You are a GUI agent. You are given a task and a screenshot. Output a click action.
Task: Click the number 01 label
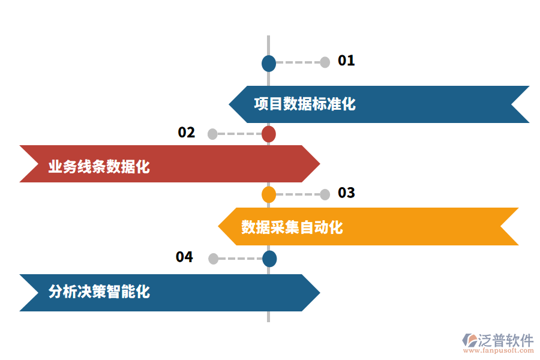pyautogui.click(x=346, y=61)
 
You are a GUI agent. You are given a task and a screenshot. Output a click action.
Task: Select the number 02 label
pyautogui.click(x=187, y=133)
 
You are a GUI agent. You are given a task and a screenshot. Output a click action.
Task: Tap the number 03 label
pyautogui.click(x=346, y=193)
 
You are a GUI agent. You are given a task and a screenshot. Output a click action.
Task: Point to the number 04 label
pyautogui.click(x=184, y=257)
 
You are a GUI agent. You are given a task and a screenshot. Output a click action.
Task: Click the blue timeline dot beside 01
pyautogui.click(x=269, y=63)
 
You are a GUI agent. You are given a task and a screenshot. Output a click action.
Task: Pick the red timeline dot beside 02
pyautogui.click(x=269, y=134)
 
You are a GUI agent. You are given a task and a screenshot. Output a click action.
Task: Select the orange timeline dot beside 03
pyautogui.click(x=269, y=194)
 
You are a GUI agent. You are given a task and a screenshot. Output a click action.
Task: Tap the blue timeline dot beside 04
pyautogui.click(x=269, y=259)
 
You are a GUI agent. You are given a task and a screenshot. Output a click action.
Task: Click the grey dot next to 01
pyautogui.click(x=325, y=62)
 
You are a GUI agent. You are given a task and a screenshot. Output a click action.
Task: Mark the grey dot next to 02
pyautogui.click(x=212, y=134)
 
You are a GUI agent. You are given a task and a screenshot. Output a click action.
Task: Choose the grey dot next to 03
pyautogui.click(x=325, y=194)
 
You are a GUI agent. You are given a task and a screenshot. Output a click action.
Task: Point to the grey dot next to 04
pyautogui.click(x=213, y=259)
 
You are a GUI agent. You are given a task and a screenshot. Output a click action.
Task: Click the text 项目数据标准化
pyautogui.click(x=305, y=104)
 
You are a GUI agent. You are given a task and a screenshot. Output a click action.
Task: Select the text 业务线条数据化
pyautogui.click(x=99, y=167)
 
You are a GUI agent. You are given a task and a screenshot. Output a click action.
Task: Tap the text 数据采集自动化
pyautogui.click(x=292, y=227)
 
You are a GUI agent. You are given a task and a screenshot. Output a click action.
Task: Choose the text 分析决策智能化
pyautogui.click(x=99, y=292)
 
